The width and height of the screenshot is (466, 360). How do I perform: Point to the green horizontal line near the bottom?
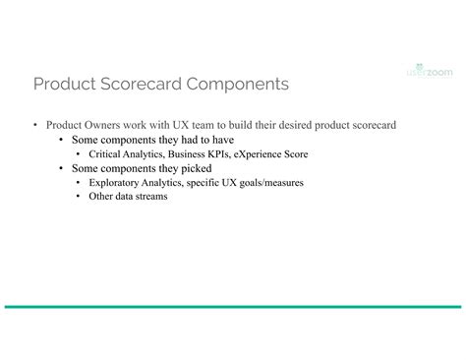coord(233,307)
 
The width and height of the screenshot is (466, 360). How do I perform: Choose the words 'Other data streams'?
coord(128,196)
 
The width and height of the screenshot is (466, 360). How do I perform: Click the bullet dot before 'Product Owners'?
coord(35,126)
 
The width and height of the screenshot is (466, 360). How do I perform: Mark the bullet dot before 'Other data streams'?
coord(79,196)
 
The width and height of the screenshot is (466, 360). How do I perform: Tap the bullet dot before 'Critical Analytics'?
coord(79,154)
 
